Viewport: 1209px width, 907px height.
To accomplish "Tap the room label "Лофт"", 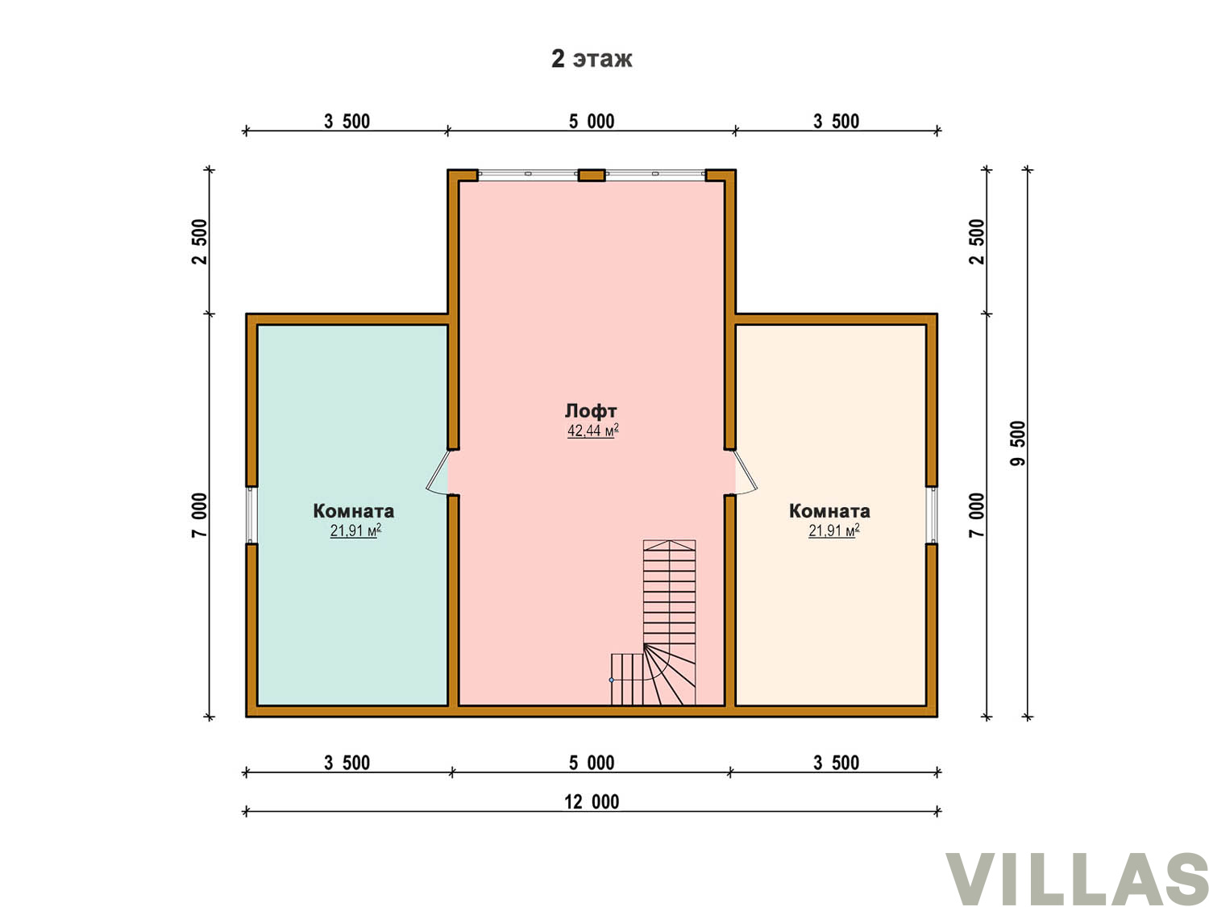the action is pyautogui.click(x=591, y=410).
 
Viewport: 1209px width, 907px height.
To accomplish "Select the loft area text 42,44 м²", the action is pyautogui.click(x=592, y=430).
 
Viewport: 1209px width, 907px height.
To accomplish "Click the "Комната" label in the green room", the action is pyautogui.click(x=353, y=511).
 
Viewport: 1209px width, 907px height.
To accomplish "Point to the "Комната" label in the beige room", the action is pyautogui.click(x=829, y=511).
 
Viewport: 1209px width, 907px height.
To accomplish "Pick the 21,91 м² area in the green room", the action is pyautogui.click(x=355, y=530).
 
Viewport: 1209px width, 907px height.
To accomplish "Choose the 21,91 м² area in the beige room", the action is pyautogui.click(x=833, y=530).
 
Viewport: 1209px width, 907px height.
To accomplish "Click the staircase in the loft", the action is pyautogui.click(x=653, y=622).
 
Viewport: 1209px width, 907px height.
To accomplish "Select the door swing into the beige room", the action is pyautogui.click(x=746, y=472).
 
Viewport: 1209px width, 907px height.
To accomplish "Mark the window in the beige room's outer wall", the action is pyautogui.click(x=932, y=515).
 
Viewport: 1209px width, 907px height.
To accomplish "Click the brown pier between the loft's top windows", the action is pyautogui.click(x=592, y=175).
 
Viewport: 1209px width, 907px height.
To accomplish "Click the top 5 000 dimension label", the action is pyautogui.click(x=592, y=121).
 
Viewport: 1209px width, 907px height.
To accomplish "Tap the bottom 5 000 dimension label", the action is pyautogui.click(x=592, y=763).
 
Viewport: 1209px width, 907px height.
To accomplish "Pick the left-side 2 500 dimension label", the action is pyautogui.click(x=199, y=242).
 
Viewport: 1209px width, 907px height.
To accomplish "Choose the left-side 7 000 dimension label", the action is pyautogui.click(x=199, y=515).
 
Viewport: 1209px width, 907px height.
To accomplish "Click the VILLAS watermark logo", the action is pyautogui.click(x=1076, y=878).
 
